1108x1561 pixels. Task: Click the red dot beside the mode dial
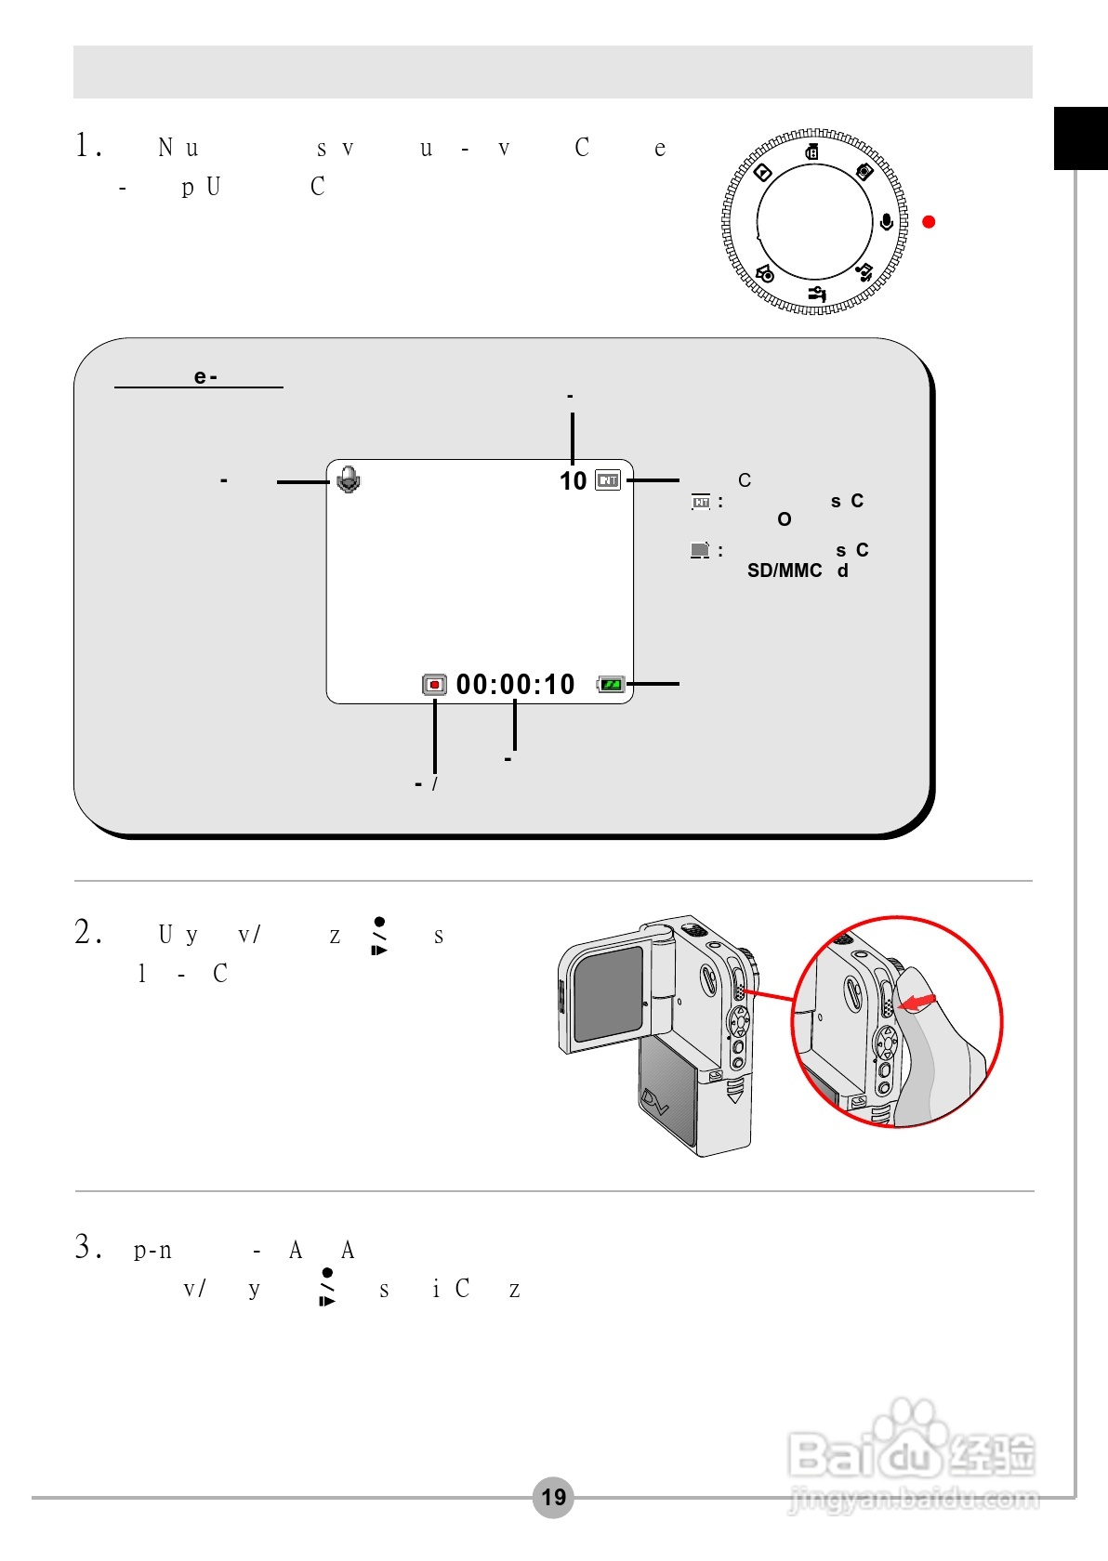[929, 221]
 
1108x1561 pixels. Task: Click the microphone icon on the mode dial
[887, 222]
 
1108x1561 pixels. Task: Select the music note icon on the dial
[864, 272]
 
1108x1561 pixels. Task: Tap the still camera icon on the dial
[864, 171]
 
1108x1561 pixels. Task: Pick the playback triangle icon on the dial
[762, 172]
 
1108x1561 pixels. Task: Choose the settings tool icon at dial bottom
[817, 295]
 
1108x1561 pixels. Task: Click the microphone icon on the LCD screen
[349, 479]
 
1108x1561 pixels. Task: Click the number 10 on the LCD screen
[573, 480]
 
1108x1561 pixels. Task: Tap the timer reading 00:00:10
[516, 685]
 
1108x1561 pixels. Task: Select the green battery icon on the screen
[611, 685]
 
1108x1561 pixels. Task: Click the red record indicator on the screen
[434, 685]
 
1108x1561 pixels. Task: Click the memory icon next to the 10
[608, 480]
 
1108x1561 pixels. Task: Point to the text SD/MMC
[785, 571]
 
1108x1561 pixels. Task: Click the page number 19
[553, 1497]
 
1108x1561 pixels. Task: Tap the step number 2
[86, 932]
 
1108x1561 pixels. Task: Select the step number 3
[86, 1247]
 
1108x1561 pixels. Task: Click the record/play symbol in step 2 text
[379, 936]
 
